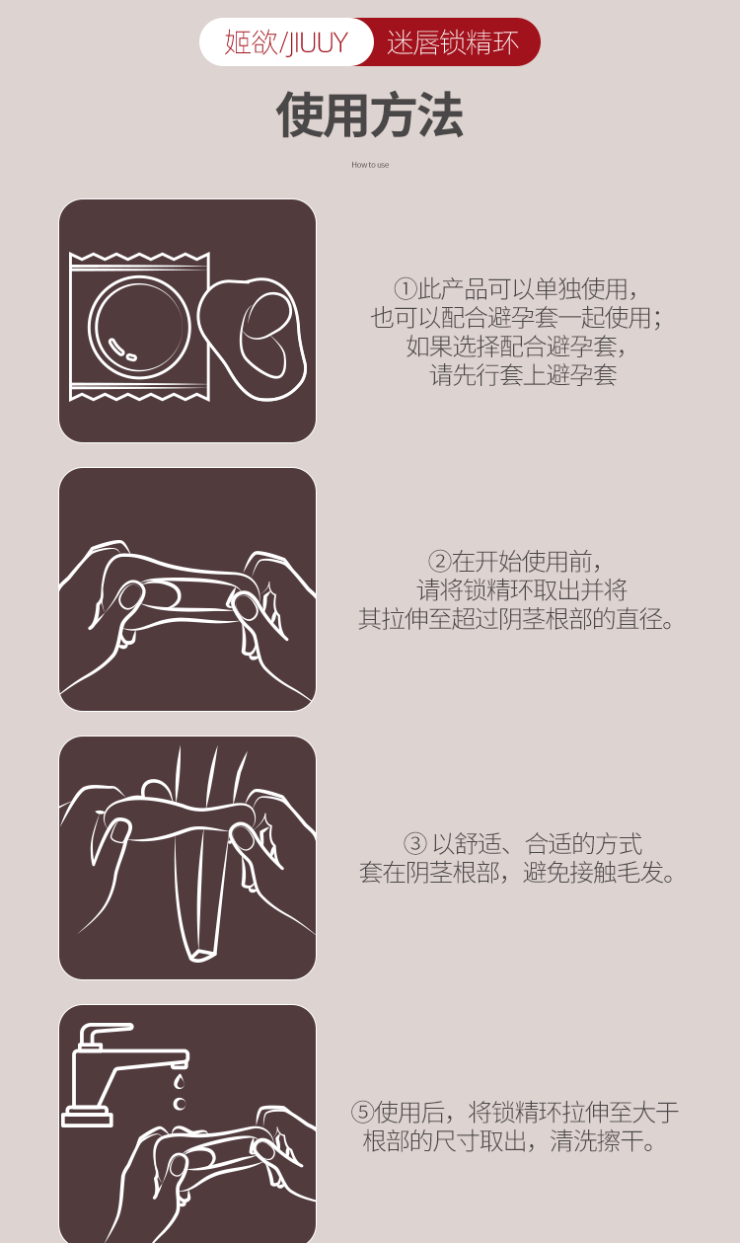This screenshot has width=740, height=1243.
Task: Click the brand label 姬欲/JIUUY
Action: click(286, 42)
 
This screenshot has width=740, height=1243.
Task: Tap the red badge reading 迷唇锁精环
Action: click(453, 42)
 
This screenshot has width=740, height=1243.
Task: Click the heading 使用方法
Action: click(369, 115)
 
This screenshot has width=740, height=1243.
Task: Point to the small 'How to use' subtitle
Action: click(370, 165)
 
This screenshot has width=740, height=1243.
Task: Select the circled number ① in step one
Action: click(405, 288)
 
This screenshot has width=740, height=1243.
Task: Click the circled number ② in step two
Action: click(439, 561)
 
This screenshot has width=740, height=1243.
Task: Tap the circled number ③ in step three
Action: click(415, 843)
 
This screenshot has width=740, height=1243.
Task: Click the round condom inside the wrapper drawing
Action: click(139, 326)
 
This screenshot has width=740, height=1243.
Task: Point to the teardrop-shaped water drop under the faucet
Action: click(180, 1080)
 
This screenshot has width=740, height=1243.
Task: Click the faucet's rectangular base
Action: click(88, 1116)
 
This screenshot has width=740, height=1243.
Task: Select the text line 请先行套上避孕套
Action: click(523, 375)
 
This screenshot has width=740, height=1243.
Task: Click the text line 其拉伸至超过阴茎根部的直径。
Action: click(516, 619)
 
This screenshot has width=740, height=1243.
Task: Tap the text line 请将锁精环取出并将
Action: click(521, 589)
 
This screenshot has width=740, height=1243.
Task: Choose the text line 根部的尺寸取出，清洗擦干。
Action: click(509, 1141)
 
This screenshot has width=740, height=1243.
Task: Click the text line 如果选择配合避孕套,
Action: click(516, 347)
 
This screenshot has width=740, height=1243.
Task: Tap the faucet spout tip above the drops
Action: click(180, 1064)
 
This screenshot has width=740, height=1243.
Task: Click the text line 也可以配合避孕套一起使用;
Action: click(516, 317)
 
